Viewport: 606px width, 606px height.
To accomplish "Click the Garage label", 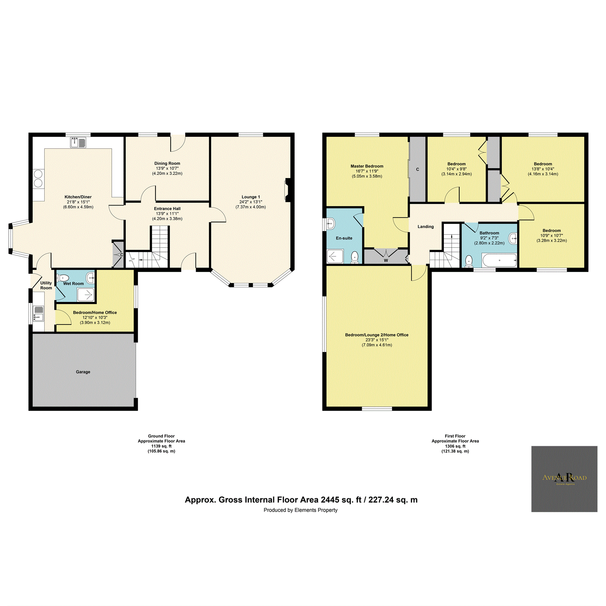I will [x=83, y=372].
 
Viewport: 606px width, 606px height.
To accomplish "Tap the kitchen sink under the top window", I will [x=78, y=142].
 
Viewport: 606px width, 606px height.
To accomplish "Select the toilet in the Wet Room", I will [x=63, y=278].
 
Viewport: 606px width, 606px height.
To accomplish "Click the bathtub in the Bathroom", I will [x=499, y=260].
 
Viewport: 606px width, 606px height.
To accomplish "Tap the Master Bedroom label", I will [x=367, y=166].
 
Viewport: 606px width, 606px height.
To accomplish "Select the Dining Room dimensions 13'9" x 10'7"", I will [x=167, y=169].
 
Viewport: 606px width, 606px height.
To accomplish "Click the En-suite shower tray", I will [x=335, y=256].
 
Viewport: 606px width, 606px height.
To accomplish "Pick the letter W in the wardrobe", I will [x=386, y=260].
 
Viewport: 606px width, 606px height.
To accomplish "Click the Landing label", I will [x=425, y=227].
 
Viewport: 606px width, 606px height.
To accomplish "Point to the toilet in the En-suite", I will [x=355, y=257].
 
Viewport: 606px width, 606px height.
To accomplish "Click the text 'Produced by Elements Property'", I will [x=300, y=510].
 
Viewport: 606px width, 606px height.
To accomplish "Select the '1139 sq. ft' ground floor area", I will [x=161, y=446].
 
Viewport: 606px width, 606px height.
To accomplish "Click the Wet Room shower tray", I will [x=86, y=295].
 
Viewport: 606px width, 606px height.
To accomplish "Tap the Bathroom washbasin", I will [x=513, y=238].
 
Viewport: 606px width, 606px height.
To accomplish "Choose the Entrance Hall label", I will [x=167, y=209].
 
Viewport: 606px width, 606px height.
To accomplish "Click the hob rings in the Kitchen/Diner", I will [x=38, y=179].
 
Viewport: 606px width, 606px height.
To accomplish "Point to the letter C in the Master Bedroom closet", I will [x=417, y=169].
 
